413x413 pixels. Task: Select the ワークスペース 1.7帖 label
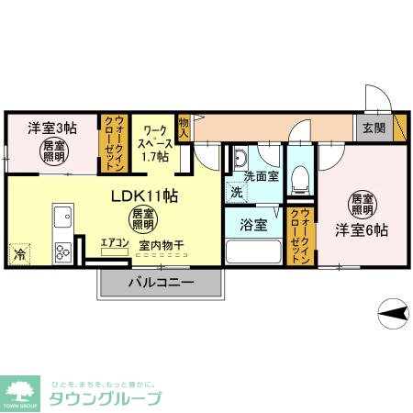coord(153,143)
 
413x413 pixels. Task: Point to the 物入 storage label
coord(184,128)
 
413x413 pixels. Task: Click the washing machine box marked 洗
coord(237,193)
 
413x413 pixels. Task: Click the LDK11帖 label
coord(144,195)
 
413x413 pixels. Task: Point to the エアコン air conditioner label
coord(115,243)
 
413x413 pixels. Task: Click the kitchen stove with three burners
coord(62,249)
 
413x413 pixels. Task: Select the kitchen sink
coord(62,218)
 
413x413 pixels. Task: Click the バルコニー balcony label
coord(160,284)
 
